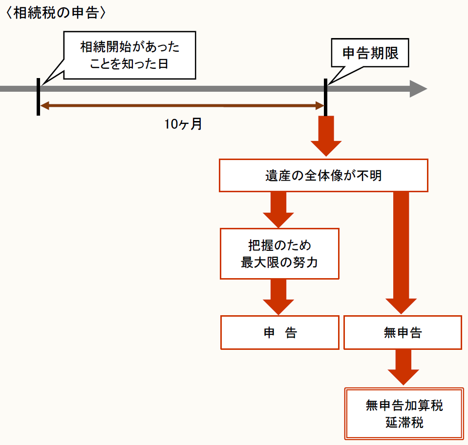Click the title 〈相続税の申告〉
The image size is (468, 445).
click(55, 13)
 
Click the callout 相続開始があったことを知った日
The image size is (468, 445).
click(129, 55)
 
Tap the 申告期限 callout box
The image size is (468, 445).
click(370, 53)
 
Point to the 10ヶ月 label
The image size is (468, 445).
click(183, 124)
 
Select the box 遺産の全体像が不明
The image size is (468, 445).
click(323, 176)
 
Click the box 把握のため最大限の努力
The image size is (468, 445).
click(279, 254)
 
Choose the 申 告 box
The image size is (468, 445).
click(279, 333)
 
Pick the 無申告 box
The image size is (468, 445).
click(403, 333)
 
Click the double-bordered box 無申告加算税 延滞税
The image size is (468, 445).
click(404, 413)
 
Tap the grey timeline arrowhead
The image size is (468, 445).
click(418, 89)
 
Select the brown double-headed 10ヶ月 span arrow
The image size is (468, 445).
click(182, 105)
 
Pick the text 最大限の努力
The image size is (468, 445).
click(279, 263)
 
